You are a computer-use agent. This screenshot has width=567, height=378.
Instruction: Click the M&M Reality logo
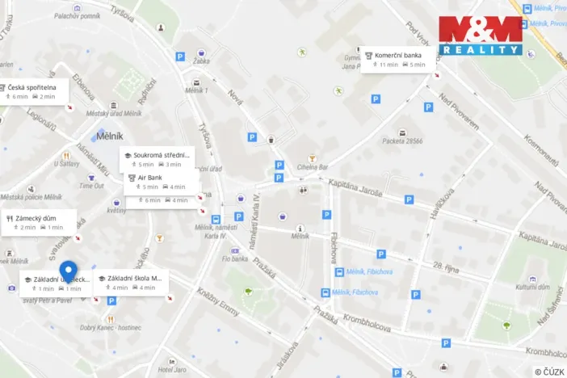481,36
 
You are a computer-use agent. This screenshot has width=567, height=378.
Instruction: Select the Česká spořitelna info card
31,91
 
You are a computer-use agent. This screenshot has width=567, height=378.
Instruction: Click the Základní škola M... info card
131,283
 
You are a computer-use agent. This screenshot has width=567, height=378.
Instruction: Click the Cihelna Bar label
312,167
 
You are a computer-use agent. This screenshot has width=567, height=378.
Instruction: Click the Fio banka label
233,259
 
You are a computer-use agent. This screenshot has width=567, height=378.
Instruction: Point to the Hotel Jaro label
172,369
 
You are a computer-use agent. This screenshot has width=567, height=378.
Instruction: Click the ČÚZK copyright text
548,372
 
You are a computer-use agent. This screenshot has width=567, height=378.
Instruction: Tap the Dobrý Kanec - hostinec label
111,327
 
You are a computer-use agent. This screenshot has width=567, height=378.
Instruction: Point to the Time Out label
91,186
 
